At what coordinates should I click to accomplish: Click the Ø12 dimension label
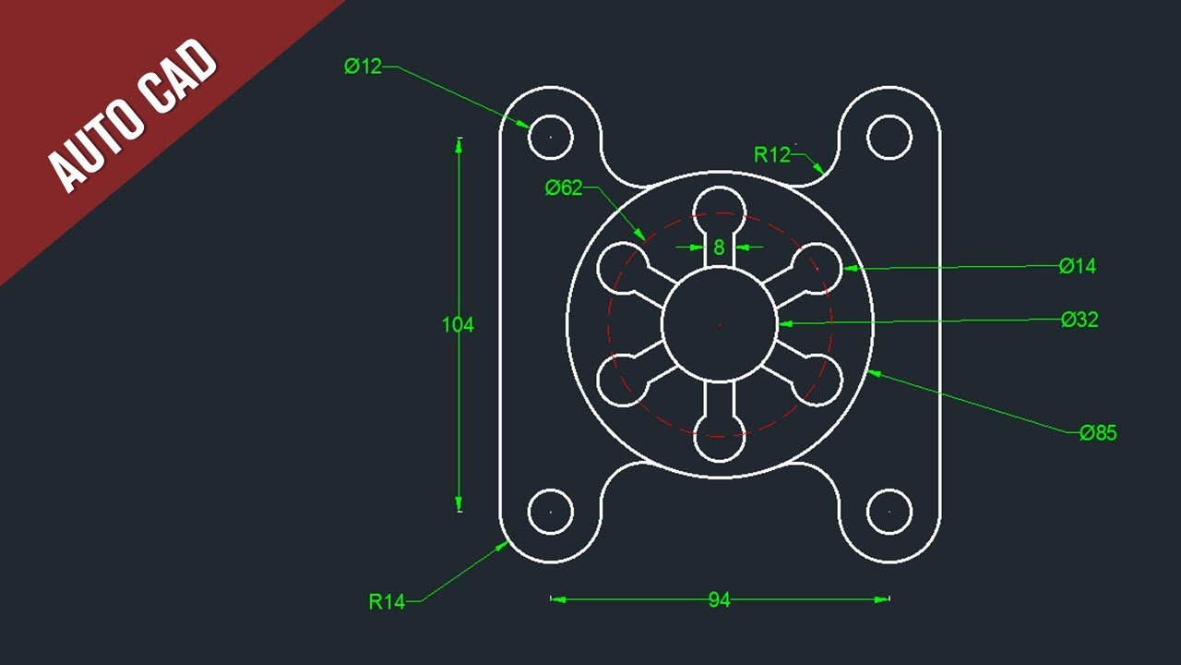coord(363,66)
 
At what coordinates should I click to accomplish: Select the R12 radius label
coord(772,154)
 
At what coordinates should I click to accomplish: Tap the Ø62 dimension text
coord(564,188)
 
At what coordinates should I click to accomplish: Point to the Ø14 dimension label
coord(1078,266)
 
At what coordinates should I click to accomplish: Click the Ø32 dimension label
coord(1080,320)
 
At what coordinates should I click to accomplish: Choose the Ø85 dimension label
coord(1098,432)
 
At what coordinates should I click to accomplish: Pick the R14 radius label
coord(387,602)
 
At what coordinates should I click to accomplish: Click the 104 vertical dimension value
coord(458,324)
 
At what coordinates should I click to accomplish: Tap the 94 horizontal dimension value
coord(720,600)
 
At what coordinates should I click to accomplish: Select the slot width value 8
coord(720,248)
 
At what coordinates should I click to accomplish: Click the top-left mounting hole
coord(551,137)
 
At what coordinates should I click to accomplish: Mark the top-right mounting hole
coord(889,137)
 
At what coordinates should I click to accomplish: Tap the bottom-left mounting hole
coord(551,511)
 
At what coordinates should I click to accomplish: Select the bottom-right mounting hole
coord(889,511)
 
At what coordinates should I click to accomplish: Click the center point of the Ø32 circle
coord(720,323)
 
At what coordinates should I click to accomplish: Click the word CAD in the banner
coord(181,76)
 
